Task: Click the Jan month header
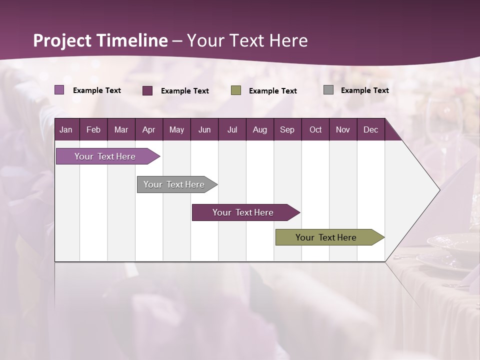coord(66,129)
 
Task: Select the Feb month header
coord(93,129)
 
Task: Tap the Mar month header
coord(121,129)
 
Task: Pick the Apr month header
coord(148,129)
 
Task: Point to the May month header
coord(176,129)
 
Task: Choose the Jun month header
coord(204,129)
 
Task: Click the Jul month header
coord(232,129)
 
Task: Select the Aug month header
coord(259,129)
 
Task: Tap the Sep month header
coord(287,129)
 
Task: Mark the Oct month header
coord(315,129)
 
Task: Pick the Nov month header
coord(343,129)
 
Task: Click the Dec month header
coord(370,129)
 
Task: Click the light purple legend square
coord(59,90)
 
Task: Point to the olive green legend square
coord(236,90)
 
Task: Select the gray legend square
coord(328,90)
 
